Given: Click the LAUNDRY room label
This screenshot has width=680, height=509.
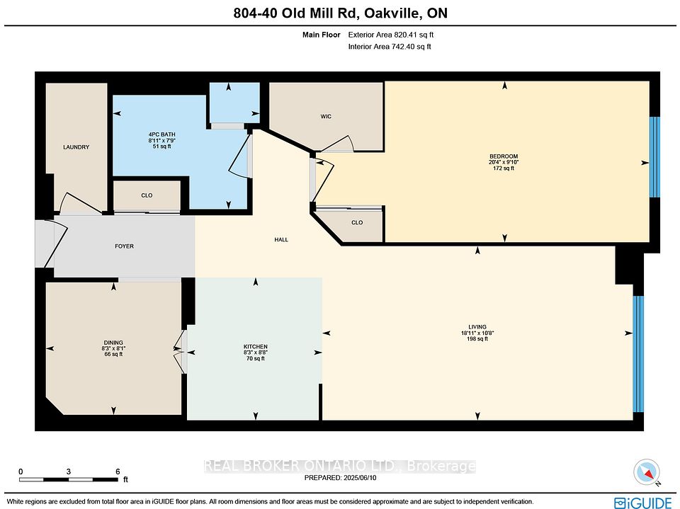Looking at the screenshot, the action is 76,147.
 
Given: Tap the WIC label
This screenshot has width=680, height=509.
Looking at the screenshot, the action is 326,116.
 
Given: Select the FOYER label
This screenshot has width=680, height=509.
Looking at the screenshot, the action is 124,246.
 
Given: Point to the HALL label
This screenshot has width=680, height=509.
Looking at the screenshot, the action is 281,239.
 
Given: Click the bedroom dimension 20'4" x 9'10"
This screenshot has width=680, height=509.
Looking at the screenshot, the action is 504,162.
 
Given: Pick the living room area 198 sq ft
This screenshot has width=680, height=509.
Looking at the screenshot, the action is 477,338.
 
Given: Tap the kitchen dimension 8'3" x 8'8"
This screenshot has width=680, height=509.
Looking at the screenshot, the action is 256,353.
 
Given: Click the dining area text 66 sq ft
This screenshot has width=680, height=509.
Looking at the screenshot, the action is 113,354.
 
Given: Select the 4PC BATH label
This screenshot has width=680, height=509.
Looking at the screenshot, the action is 161,135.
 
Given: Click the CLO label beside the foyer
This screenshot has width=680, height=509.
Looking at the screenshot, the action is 147,195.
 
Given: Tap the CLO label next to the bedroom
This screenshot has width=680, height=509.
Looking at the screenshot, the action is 357,222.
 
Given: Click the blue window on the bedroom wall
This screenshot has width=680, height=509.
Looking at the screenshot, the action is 654,157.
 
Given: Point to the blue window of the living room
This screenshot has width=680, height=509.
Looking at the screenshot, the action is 638,354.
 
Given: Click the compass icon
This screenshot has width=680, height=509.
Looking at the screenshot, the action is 647,473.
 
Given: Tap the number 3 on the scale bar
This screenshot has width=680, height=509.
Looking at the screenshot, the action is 69,471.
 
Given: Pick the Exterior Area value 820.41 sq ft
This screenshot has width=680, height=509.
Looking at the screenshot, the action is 414,35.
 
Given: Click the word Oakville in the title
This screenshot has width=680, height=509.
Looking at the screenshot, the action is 392,13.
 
